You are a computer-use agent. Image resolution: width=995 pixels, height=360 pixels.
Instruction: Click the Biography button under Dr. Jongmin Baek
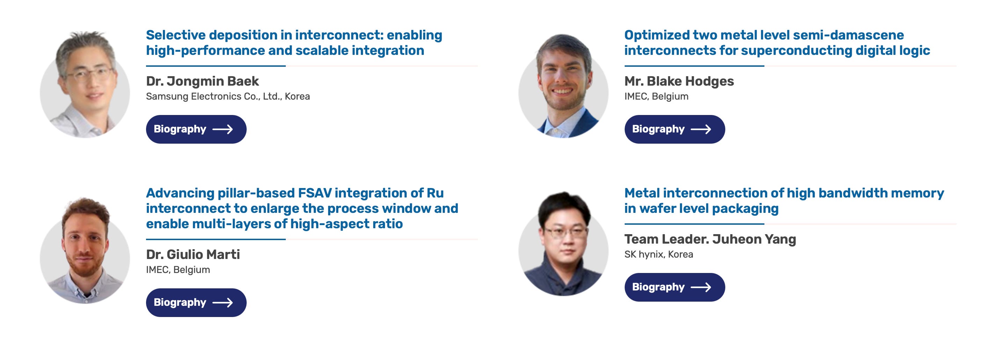[196, 129]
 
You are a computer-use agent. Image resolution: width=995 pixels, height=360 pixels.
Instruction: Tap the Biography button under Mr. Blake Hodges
[674, 129]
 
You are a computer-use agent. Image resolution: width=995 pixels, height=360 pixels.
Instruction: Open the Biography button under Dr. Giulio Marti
[196, 302]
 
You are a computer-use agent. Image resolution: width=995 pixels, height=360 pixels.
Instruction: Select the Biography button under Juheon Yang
[674, 287]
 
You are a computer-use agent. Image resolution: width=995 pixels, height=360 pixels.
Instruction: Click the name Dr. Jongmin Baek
[202, 81]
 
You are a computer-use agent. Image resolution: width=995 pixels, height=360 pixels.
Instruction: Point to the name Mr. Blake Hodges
[679, 81]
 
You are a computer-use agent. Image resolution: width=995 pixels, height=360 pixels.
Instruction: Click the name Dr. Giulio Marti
[193, 254]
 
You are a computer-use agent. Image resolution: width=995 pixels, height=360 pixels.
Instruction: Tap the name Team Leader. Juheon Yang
[710, 239]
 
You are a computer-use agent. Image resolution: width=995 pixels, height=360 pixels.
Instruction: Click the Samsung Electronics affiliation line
[227, 96]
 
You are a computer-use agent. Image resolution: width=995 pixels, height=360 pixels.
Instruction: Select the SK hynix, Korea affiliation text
[658, 254]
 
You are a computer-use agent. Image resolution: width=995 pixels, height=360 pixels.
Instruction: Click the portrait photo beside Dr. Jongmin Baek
[85, 85]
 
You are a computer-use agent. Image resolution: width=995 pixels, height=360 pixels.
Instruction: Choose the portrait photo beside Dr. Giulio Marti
[85, 251]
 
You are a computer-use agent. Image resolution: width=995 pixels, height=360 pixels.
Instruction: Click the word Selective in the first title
[176, 35]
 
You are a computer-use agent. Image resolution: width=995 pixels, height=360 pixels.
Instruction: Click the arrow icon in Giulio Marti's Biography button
[223, 302]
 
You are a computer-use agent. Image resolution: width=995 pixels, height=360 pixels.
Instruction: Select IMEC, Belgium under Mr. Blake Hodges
[656, 96]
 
